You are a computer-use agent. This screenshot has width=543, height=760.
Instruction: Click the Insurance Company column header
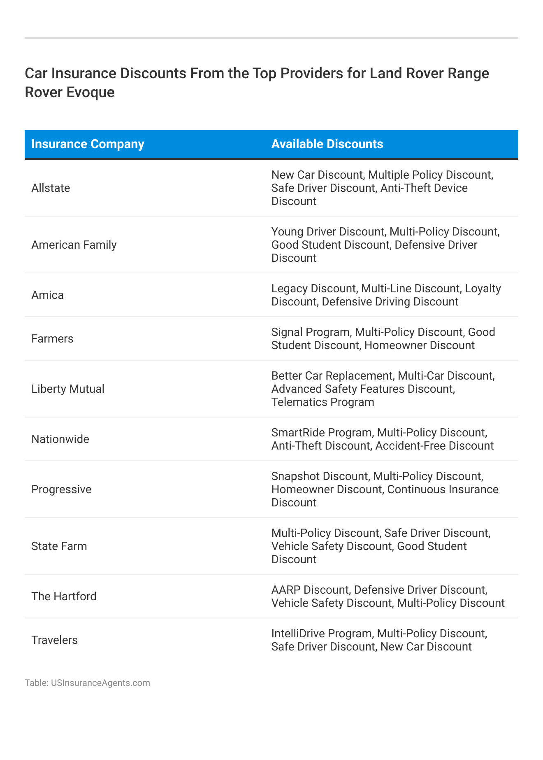pos(88,144)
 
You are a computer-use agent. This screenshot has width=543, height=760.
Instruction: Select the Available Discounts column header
pos(327,144)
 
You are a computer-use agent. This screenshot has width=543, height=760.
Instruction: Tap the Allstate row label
pos(51,188)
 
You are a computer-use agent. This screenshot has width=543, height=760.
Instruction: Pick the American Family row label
pos(74,245)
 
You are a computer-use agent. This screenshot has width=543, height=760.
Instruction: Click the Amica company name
pos(47,295)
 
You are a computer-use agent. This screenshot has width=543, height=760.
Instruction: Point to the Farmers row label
pos(52,339)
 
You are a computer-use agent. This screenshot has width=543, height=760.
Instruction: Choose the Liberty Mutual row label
pos(68,389)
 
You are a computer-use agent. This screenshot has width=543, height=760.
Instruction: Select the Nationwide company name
pos(60,439)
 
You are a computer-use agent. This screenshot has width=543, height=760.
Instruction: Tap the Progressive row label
pos(61,490)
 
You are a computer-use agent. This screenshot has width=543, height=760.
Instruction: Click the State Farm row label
pos(59,546)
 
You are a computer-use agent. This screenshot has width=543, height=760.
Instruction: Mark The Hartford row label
pos(64,597)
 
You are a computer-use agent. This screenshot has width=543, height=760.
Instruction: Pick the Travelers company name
pos(54,640)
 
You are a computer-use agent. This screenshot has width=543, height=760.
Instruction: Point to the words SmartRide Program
pos(321,433)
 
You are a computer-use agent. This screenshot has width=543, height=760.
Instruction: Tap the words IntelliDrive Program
pos(321,634)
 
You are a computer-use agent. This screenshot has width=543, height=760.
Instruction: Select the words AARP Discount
pos(310,590)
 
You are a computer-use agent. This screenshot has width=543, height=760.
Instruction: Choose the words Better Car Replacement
pos(332,376)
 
